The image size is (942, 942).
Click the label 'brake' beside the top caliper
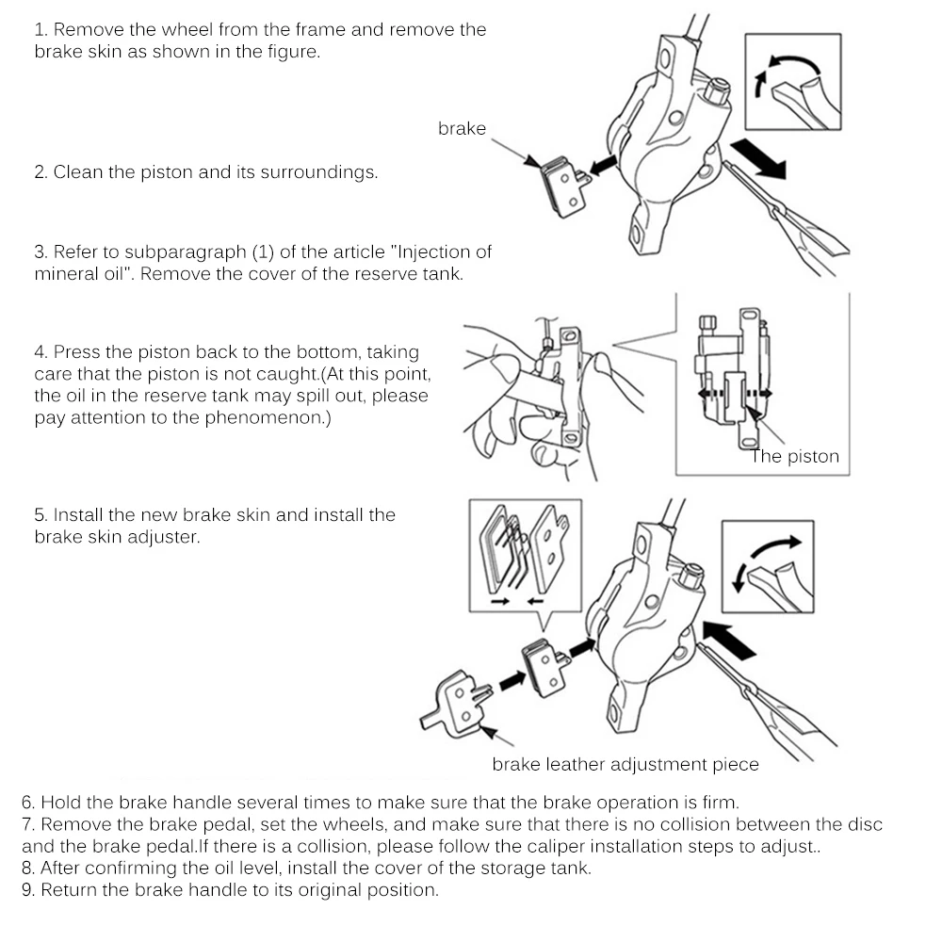tap(462, 129)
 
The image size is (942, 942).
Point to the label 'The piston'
tap(794, 457)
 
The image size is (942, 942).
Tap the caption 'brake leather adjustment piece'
tap(625, 764)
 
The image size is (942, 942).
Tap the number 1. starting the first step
tap(41, 30)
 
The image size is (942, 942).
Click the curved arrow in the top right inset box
tap(785, 69)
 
